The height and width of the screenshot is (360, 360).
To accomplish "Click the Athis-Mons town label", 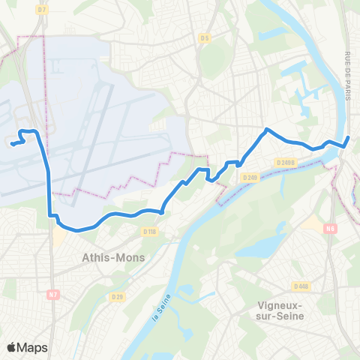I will click(x=113, y=258).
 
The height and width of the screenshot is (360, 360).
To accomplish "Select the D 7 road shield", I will click(x=41, y=10).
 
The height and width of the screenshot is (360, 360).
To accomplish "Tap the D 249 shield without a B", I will click(x=250, y=177).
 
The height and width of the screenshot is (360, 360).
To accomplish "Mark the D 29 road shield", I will click(x=117, y=298).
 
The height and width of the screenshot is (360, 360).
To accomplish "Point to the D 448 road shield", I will click(x=301, y=286).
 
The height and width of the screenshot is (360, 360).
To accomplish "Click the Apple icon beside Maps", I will click(x=12, y=347).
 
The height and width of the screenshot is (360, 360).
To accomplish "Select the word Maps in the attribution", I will click(x=33, y=347).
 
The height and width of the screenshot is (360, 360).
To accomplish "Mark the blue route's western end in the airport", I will click(x=11, y=144).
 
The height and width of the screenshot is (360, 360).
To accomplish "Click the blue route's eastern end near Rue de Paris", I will click(x=349, y=137).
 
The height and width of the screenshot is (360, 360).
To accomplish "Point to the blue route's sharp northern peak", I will click(x=266, y=129).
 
